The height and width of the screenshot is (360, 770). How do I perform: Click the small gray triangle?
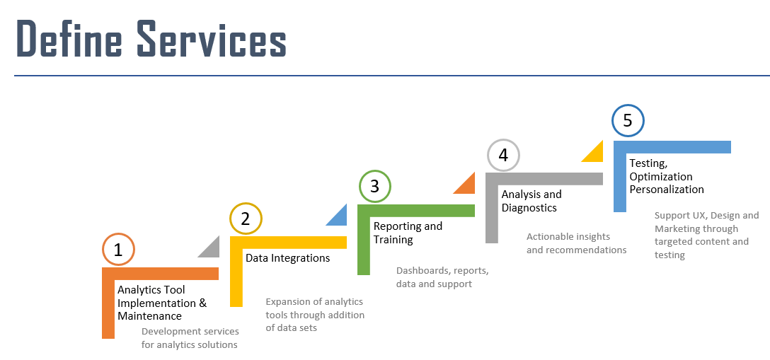click(212, 250)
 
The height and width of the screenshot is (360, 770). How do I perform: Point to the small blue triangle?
click(340, 219)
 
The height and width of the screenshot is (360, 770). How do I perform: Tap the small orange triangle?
click(468, 187)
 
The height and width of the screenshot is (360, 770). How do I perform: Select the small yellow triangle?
click(595, 154)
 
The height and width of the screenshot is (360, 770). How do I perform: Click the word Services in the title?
click(212, 38)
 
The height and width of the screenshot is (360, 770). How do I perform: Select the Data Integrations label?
click(288, 258)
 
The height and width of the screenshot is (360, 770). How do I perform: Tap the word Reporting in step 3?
click(398, 226)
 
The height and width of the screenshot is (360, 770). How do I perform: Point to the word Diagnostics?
click(529, 208)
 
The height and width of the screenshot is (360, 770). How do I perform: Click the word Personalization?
click(667, 190)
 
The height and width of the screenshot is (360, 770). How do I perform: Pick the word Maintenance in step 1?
click(150, 316)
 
